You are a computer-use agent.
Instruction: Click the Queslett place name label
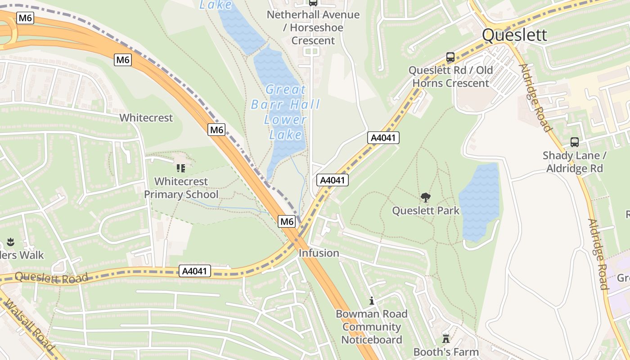[514, 35]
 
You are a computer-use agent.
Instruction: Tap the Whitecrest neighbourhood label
[146, 118]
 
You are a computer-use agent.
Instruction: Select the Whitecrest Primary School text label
[181, 188]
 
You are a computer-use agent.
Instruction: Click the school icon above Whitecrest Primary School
[181, 168]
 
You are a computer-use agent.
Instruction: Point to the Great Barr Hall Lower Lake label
[285, 112]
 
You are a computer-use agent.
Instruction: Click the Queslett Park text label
[426, 211]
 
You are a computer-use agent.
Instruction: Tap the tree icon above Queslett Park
[425, 198]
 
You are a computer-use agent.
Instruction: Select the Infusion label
[319, 253]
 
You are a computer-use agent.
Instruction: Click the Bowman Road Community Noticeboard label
[372, 327]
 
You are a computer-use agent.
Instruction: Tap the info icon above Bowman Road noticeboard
[372, 301]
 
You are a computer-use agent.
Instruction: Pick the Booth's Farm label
[446, 352]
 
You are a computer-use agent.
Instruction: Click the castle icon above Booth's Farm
[446, 338]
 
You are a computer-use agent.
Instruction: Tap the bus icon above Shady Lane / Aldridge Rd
[574, 142]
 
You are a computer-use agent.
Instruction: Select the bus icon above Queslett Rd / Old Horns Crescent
[450, 57]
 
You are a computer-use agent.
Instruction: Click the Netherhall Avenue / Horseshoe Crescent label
[313, 27]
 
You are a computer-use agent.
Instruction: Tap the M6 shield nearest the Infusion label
[287, 221]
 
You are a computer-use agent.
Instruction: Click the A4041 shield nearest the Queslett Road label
[195, 271]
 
